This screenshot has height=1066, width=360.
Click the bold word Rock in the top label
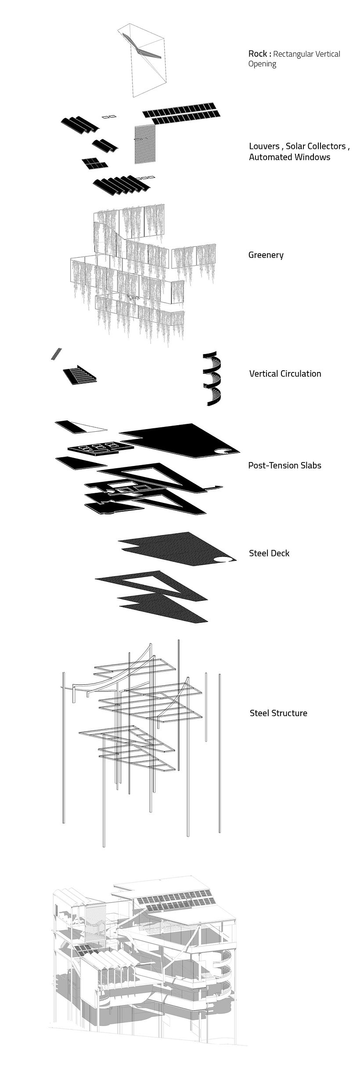[x=257, y=54]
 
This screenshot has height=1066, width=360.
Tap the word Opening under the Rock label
[x=262, y=64]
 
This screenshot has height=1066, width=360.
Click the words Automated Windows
[x=289, y=157]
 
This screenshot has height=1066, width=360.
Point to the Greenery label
[x=266, y=255]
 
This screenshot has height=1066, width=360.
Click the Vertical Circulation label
[x=285, y=374]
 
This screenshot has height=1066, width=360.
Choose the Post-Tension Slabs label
[x=284, y=465]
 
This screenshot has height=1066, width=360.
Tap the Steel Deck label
[x=269, y=553]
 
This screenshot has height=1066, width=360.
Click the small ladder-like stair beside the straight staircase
[x=56, y=354]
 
